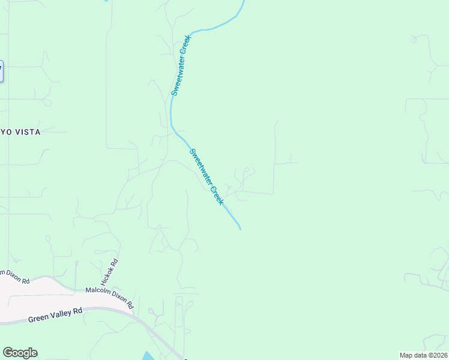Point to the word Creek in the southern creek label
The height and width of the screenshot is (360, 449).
click(x=216, y=196)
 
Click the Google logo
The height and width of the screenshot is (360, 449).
click(x=20, y=353)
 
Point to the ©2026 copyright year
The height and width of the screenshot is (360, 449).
click(x=438, y=355)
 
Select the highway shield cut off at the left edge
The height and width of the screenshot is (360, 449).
click(x=1, y=71)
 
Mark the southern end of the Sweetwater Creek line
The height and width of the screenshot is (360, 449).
click(x=240, y=229)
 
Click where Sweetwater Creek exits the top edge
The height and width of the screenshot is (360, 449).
click(x=244, y=2)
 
